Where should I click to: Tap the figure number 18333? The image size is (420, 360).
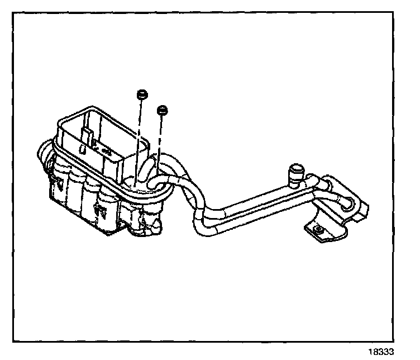pyautogui.click(x=382, y=352)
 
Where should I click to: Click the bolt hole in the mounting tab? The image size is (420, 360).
pyautogui.click(x=318, y=229)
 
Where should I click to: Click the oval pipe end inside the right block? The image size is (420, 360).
pyautogui.click(x=349, y=201)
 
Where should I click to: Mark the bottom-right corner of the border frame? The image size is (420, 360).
pyautogui.click(x=394, y=340)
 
